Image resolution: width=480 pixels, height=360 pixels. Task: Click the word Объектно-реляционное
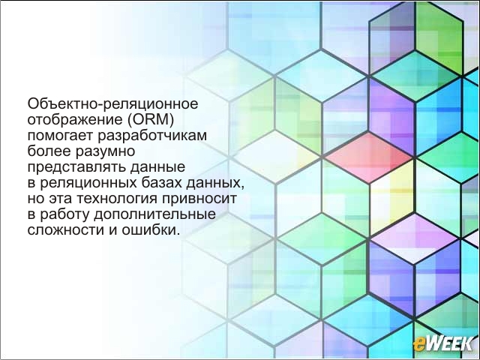coord(113,104)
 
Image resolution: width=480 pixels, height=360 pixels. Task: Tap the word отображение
coord(75,120)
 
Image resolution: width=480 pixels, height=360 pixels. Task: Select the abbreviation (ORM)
coord(150,120)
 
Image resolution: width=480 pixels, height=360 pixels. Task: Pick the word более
coord(47,151)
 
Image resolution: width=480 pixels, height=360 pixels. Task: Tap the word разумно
coord(103,152)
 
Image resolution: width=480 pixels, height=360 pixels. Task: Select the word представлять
coord(76,168)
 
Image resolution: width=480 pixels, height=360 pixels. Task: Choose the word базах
coord(162,183)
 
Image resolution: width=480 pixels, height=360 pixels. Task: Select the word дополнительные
coord(155,214)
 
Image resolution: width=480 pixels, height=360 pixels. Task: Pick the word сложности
coord(65,230)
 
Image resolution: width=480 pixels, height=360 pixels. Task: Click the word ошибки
coord(149,229)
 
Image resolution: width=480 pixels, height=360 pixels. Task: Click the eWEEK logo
coord(443,343)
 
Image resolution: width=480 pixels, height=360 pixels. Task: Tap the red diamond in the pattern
coord(369,157)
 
